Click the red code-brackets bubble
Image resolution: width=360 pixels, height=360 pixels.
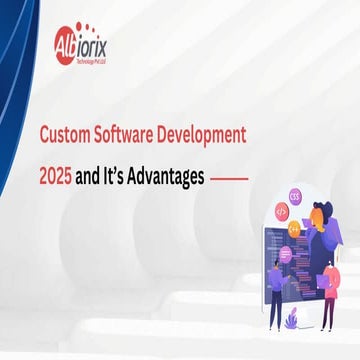[x=281, y=212]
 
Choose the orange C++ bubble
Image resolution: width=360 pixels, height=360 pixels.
[x=294, y=229]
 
